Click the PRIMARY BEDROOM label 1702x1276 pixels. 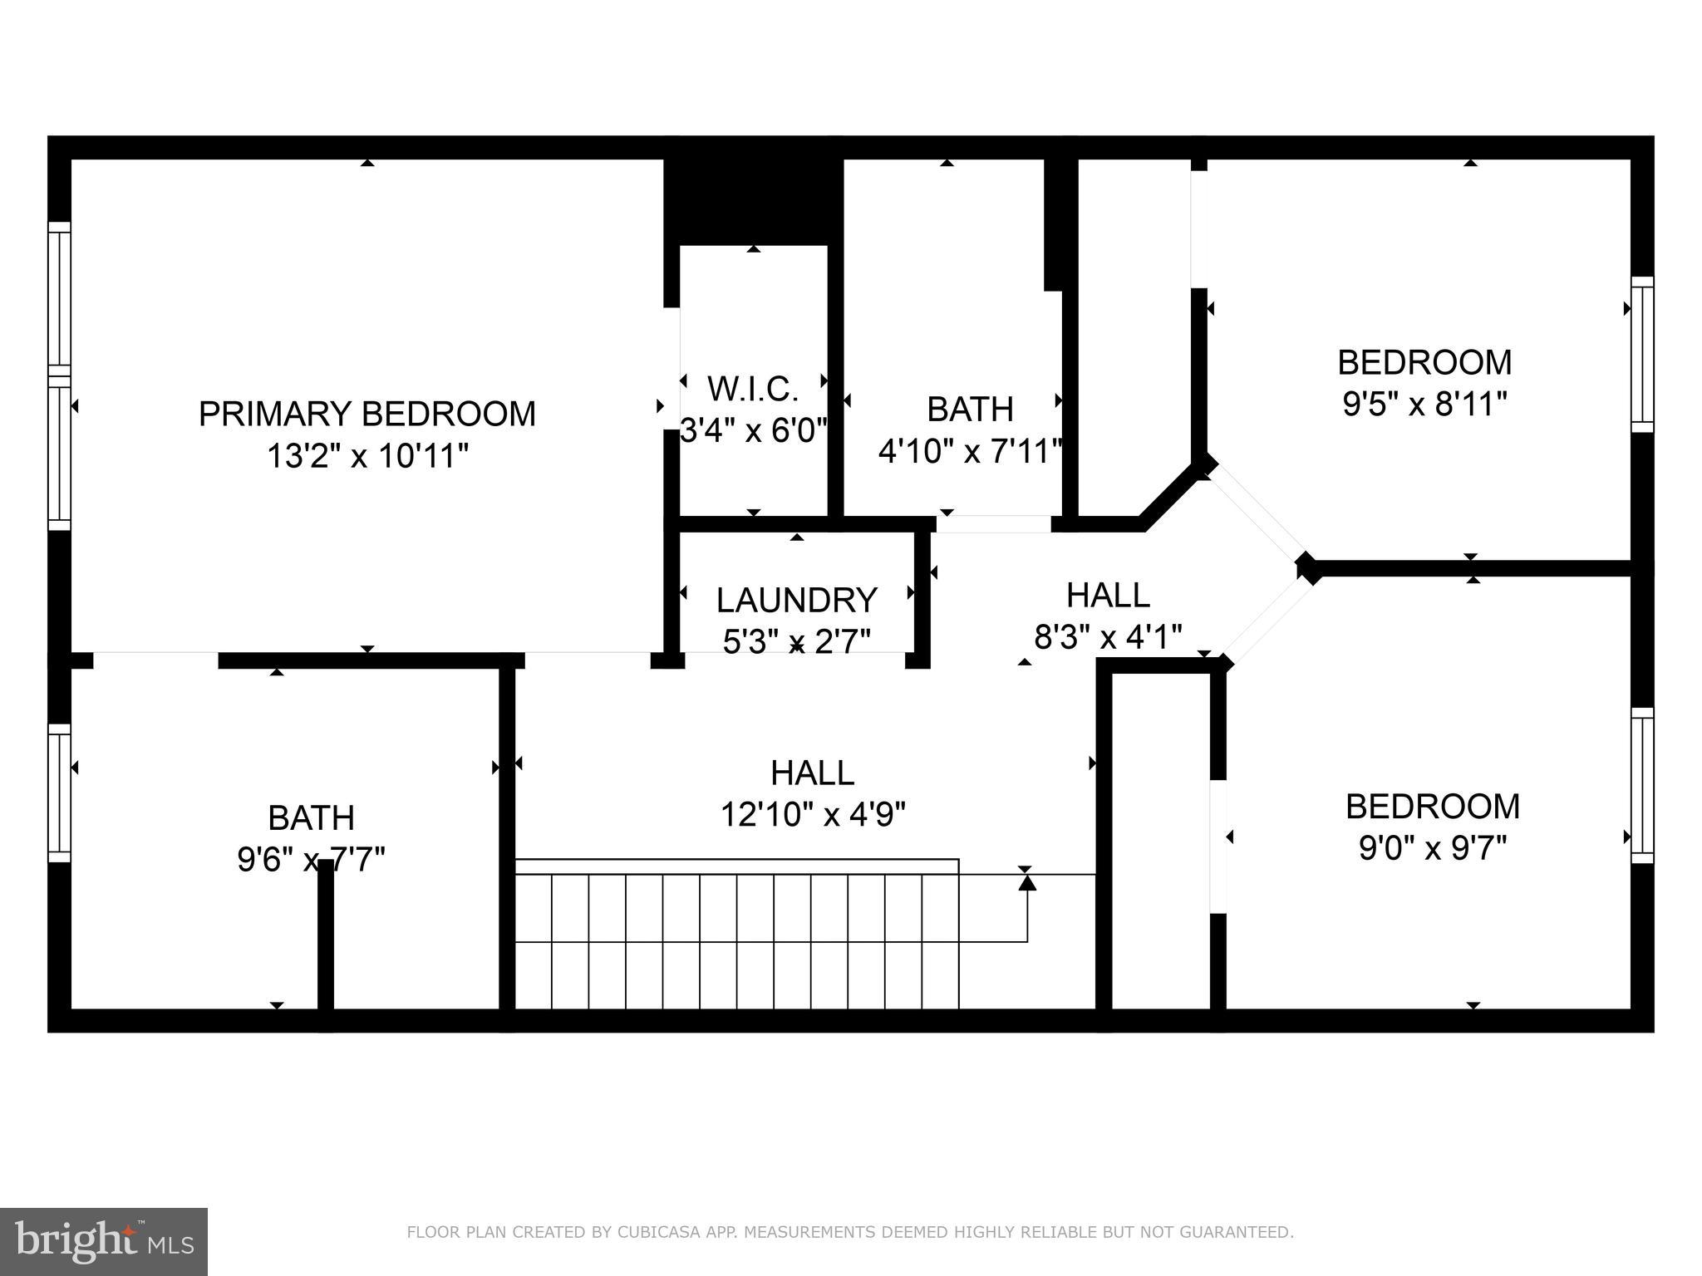click(366, 414)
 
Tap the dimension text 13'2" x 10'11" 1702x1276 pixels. click(366, 456)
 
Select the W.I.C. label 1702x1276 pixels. click(753, 388)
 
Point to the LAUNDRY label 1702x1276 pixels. click(796, 600)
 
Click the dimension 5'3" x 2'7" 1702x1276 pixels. click(796, 641)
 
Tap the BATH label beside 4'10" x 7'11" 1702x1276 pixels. click(970, 410)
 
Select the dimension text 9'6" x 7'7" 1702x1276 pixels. click(311, 859)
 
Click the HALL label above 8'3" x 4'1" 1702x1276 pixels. click(1108, 595)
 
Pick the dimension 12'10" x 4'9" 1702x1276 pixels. click(812, 814)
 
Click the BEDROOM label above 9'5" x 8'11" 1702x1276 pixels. click(1424, 362)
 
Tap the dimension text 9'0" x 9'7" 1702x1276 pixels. click(1432, 848)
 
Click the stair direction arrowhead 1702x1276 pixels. click(1027, 883)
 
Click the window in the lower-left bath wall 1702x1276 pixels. click(59, 793)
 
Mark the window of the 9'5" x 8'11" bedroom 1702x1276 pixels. click(1641, 355)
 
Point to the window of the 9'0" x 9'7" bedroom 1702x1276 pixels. click(1641, 785)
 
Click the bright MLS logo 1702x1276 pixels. click(103, 1241)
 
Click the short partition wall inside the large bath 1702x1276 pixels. click(326, 935)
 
